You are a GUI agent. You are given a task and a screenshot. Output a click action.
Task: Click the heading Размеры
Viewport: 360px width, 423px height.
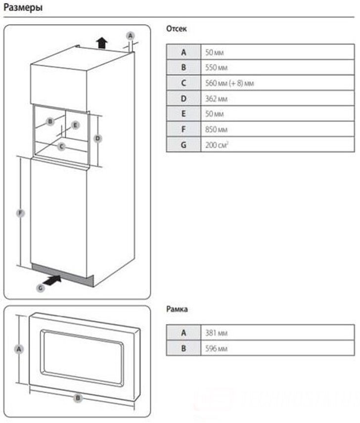[23, 8]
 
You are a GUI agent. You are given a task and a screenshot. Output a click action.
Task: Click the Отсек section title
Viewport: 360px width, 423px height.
[177, 29]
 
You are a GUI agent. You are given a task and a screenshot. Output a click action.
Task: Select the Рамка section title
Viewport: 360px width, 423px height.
[177, 310]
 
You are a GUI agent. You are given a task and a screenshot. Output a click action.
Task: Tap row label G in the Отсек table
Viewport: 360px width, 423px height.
[183, 145]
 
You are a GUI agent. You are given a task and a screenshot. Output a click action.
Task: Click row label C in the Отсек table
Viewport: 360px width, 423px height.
[183, 83]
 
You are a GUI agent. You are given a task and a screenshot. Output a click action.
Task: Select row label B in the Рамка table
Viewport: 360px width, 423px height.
[183, 349]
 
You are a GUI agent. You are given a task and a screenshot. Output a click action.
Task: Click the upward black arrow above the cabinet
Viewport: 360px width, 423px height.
[102, 42]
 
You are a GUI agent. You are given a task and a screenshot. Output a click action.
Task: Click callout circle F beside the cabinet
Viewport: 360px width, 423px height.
[20, 213]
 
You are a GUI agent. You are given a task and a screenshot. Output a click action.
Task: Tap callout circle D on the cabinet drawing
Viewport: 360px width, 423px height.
[97, 139]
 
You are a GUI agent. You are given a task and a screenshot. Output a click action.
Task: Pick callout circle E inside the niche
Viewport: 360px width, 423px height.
[75, 125]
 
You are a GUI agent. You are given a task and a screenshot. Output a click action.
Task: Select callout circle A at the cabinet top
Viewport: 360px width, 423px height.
[130, 36]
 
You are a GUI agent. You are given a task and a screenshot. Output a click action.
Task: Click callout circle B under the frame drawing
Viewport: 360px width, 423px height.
[78, 397]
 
